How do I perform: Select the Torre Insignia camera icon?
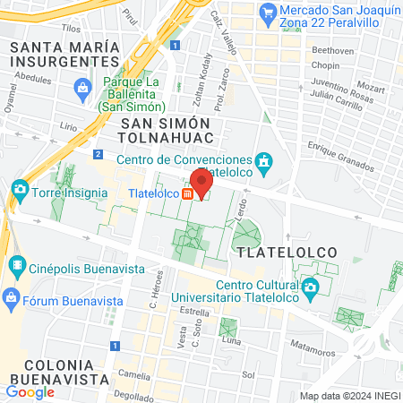[20, 191]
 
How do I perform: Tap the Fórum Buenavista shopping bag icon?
[12, 296]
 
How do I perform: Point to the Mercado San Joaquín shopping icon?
[267, 13]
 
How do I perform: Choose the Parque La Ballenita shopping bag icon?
[82, 87]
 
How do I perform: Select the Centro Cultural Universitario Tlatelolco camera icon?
[311, 288]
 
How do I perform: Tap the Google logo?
[30, 391]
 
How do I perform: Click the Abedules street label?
[34, 78]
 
